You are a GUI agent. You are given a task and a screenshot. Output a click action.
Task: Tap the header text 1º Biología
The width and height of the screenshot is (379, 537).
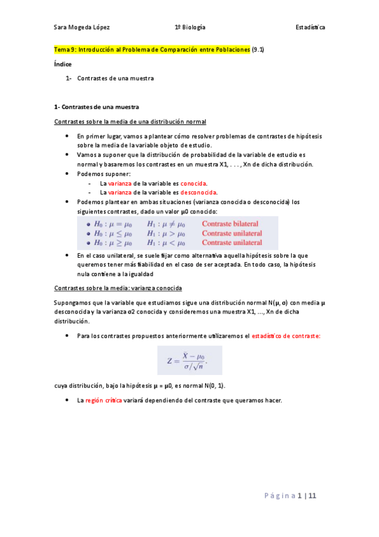190,27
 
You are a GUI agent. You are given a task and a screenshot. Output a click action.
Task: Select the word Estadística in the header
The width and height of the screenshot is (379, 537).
310,27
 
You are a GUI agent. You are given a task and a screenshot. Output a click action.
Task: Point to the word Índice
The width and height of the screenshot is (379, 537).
63,64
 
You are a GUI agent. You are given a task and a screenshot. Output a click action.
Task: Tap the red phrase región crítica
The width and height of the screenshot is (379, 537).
105,401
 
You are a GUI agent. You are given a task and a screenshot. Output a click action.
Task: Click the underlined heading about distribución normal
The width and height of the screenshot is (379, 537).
130,122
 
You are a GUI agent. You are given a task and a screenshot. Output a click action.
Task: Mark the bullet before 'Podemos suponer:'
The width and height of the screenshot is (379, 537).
67,174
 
